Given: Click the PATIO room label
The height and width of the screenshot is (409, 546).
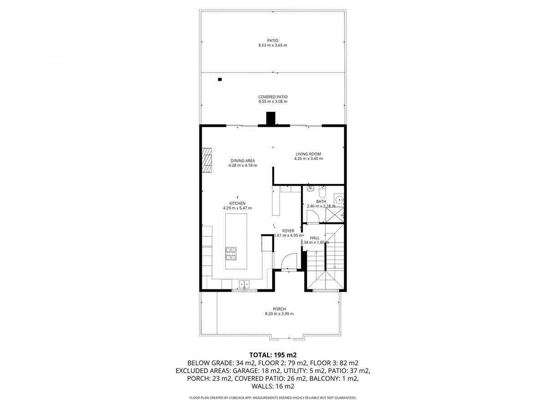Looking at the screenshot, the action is coord(273,40).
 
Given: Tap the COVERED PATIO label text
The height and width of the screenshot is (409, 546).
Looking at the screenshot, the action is coord(273,97).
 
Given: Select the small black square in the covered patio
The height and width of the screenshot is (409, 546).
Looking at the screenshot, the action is coord(220,80).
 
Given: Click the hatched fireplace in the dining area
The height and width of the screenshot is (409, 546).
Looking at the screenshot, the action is coord(207,160).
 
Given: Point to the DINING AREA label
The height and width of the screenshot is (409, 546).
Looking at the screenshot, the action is coord(243,161).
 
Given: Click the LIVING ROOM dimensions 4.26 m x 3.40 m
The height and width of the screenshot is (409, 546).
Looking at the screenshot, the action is coord(308,159).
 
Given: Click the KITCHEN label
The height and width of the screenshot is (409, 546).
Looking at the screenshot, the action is coord(237,204).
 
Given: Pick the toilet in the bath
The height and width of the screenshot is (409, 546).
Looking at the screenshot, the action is coord(322,191).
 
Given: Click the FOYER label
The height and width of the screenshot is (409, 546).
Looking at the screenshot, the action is coord(288,231).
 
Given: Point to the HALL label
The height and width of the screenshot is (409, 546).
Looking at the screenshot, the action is coord(314,238).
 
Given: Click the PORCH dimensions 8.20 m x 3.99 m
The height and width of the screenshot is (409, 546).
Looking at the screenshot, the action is coord(279,314).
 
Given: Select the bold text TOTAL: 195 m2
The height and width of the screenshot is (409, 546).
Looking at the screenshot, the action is coord(273,354).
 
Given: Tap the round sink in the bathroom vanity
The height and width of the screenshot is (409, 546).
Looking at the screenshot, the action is coord(339,200).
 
